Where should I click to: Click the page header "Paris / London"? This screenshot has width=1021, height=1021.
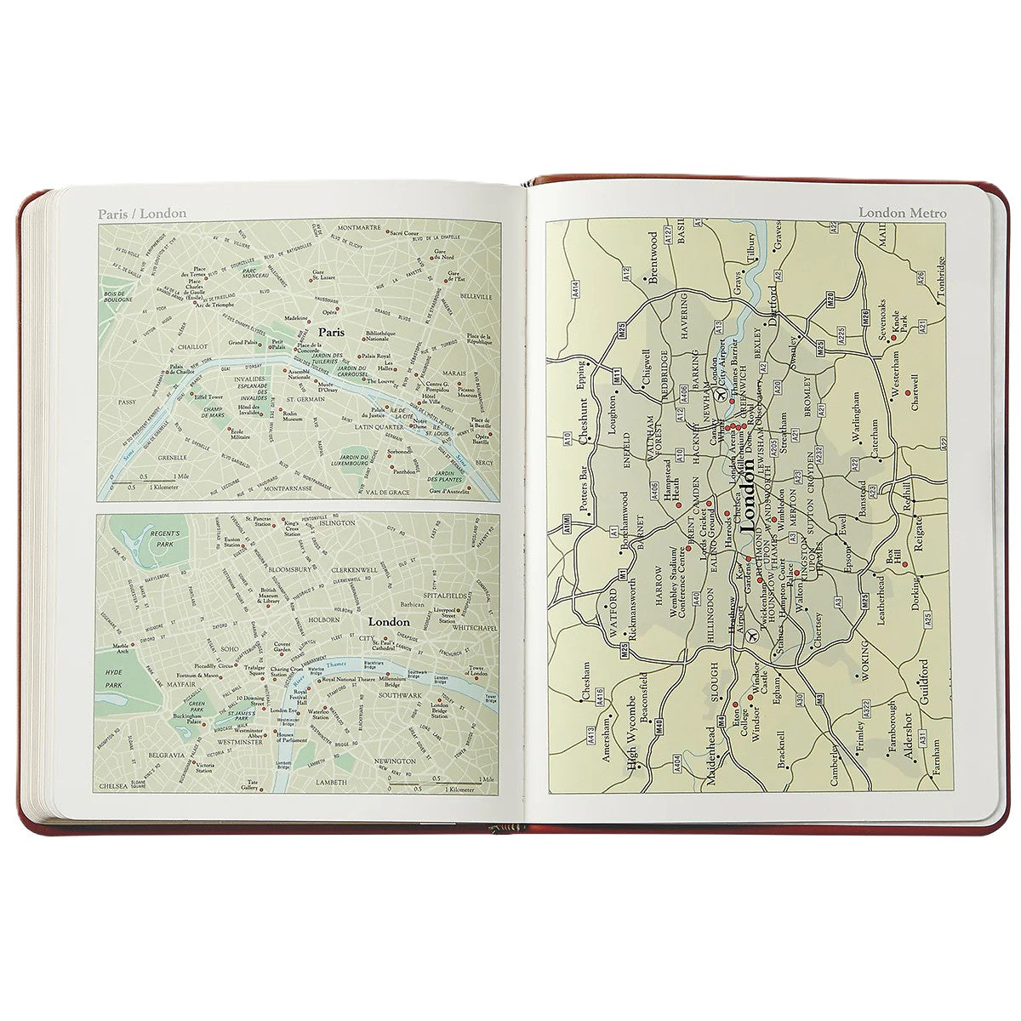(x=141, y=214)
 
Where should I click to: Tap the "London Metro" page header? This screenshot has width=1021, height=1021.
(x=901, y=213)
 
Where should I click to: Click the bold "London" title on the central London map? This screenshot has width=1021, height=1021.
(x=389, y=622)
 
